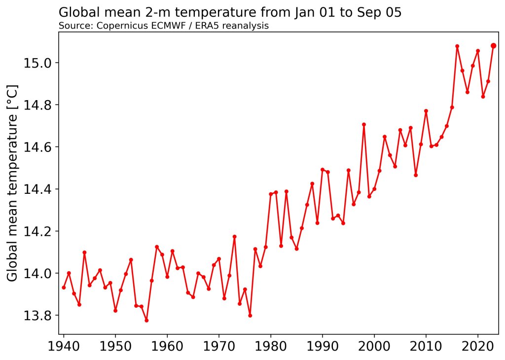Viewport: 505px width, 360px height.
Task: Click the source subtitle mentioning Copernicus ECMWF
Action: [x=163, y=26]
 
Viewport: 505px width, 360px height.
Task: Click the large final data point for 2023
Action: [x=493, y=46]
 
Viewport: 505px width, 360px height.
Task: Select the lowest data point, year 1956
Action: [x=146, y=320]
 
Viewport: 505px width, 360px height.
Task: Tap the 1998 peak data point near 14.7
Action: [x=364, y=124]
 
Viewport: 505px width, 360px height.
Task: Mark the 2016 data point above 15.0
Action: [x=457, y=46]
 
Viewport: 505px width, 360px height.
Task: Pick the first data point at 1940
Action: [x=64, y=288]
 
